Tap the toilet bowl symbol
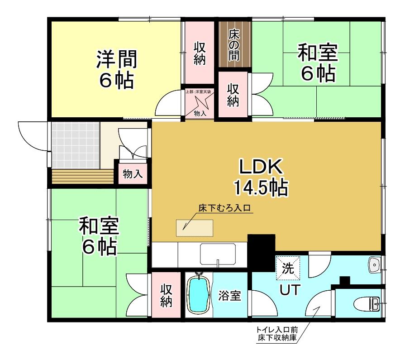tap(367, 304)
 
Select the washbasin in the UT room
tap(374, 264)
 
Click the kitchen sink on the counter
tap(218, 254)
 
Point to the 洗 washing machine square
tap(288, 268)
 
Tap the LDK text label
tap(261, 167)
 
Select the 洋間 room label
tap(117, 59)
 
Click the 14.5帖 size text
tap(261, 187)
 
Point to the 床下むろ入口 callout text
tap(225, 208)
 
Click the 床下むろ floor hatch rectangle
tap(195, 228)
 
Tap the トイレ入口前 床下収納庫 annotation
tap(277, 334)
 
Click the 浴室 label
tap(229, 296)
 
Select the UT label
tap(290, 290)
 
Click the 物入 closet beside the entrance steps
tap(133, 174)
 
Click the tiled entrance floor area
tap(76, 145)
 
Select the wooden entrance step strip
tap(83, 176)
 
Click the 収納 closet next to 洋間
tap(200, 53)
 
